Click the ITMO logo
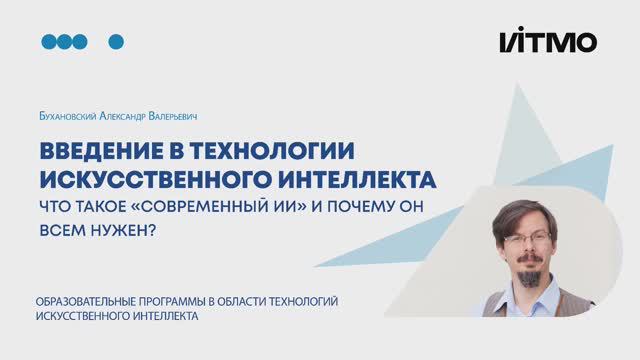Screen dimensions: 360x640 [548, 41]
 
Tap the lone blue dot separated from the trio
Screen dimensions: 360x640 [115, 41]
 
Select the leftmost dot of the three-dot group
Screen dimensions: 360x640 [49, 41]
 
